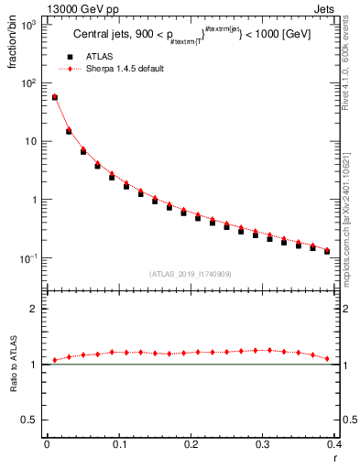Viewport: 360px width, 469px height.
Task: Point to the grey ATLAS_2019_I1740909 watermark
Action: (190, 274)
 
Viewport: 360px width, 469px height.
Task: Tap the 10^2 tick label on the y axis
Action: (27, 82)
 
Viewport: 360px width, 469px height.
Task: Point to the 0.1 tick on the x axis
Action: (118, 444)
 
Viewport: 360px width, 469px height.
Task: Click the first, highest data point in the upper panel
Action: (55, 97)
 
